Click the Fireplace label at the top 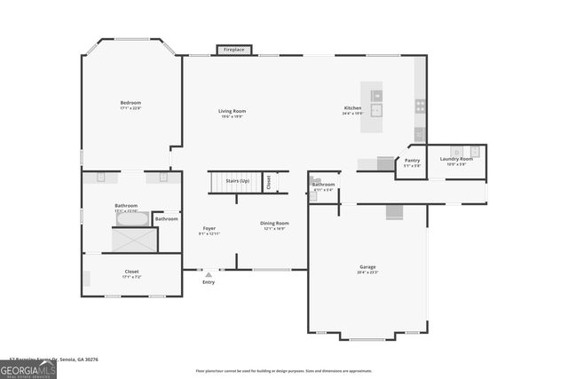coord(234,51)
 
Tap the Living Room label coord(233,111)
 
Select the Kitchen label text coord(353,108)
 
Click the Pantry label coord(412,160)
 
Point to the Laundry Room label coord(456,159)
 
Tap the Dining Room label coord(273,223)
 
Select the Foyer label coord(209,228)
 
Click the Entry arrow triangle coord(209,275)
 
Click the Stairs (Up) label coord(237,180)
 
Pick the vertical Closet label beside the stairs coord(269,182)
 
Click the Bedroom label coord(130,103)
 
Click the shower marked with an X coord(134,240)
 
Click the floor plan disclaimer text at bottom coord(284,370)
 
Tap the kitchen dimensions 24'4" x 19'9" coord(353,114)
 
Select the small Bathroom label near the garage coord(323,184)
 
